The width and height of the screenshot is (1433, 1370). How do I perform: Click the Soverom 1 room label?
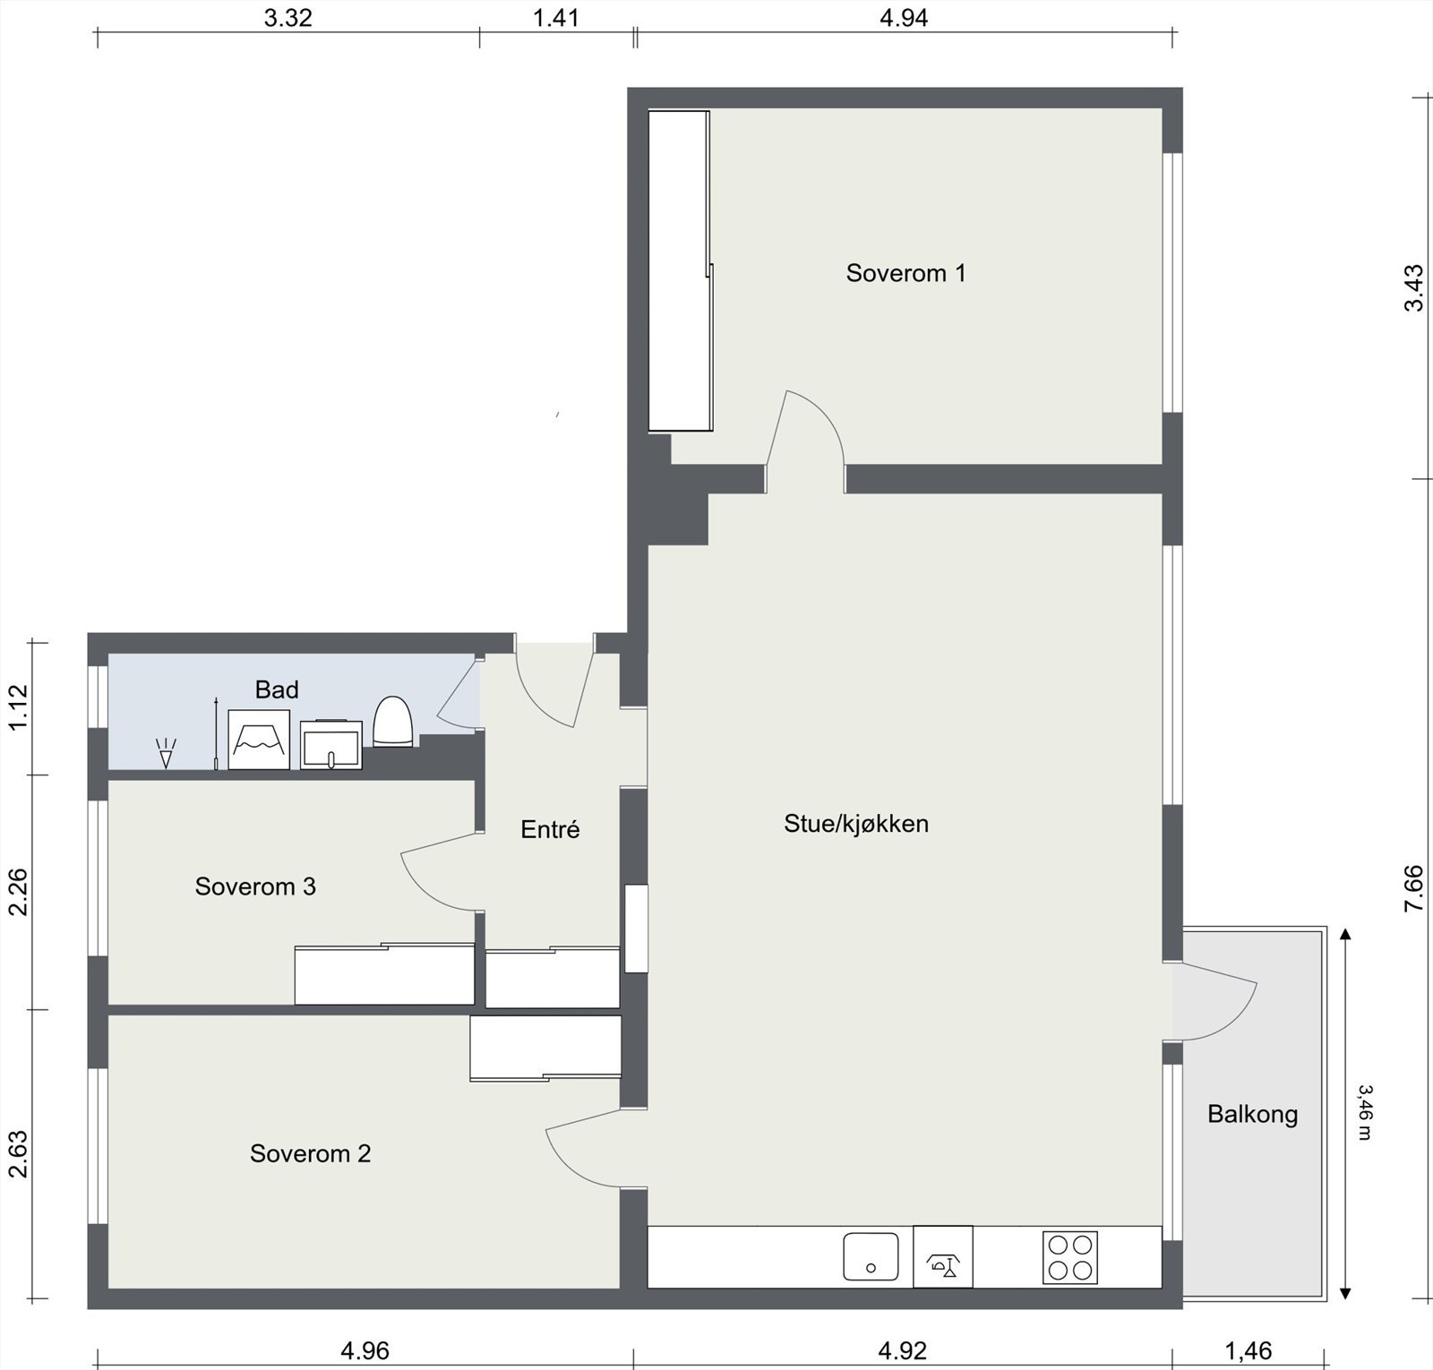[905, 273]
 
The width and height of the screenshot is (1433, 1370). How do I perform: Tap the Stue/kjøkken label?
[856, 824]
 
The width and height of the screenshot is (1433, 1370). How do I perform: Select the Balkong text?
[1252, 1115]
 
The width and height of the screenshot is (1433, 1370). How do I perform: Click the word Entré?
[550, 830]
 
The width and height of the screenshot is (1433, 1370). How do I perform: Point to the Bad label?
[277, 690]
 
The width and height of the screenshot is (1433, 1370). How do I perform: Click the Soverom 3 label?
[255, 886]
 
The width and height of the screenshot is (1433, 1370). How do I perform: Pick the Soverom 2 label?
[310, 1153]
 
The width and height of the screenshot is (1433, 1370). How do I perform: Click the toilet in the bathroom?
[392, 722]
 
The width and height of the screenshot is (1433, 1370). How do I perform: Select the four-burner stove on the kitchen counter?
[1070, 1257]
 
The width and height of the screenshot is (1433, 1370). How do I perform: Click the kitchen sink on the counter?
[871, 1257]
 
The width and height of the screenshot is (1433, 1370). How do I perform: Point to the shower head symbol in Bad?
[166, 753]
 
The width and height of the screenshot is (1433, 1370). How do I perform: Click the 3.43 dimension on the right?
[1412, 287]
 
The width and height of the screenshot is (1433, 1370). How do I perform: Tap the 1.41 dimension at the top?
[556, 18]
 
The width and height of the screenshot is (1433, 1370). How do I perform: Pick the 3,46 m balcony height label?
[1364, 1112]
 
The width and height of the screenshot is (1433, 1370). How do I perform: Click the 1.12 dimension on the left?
[19, 707]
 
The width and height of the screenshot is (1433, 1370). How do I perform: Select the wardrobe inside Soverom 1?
[679, 270]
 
